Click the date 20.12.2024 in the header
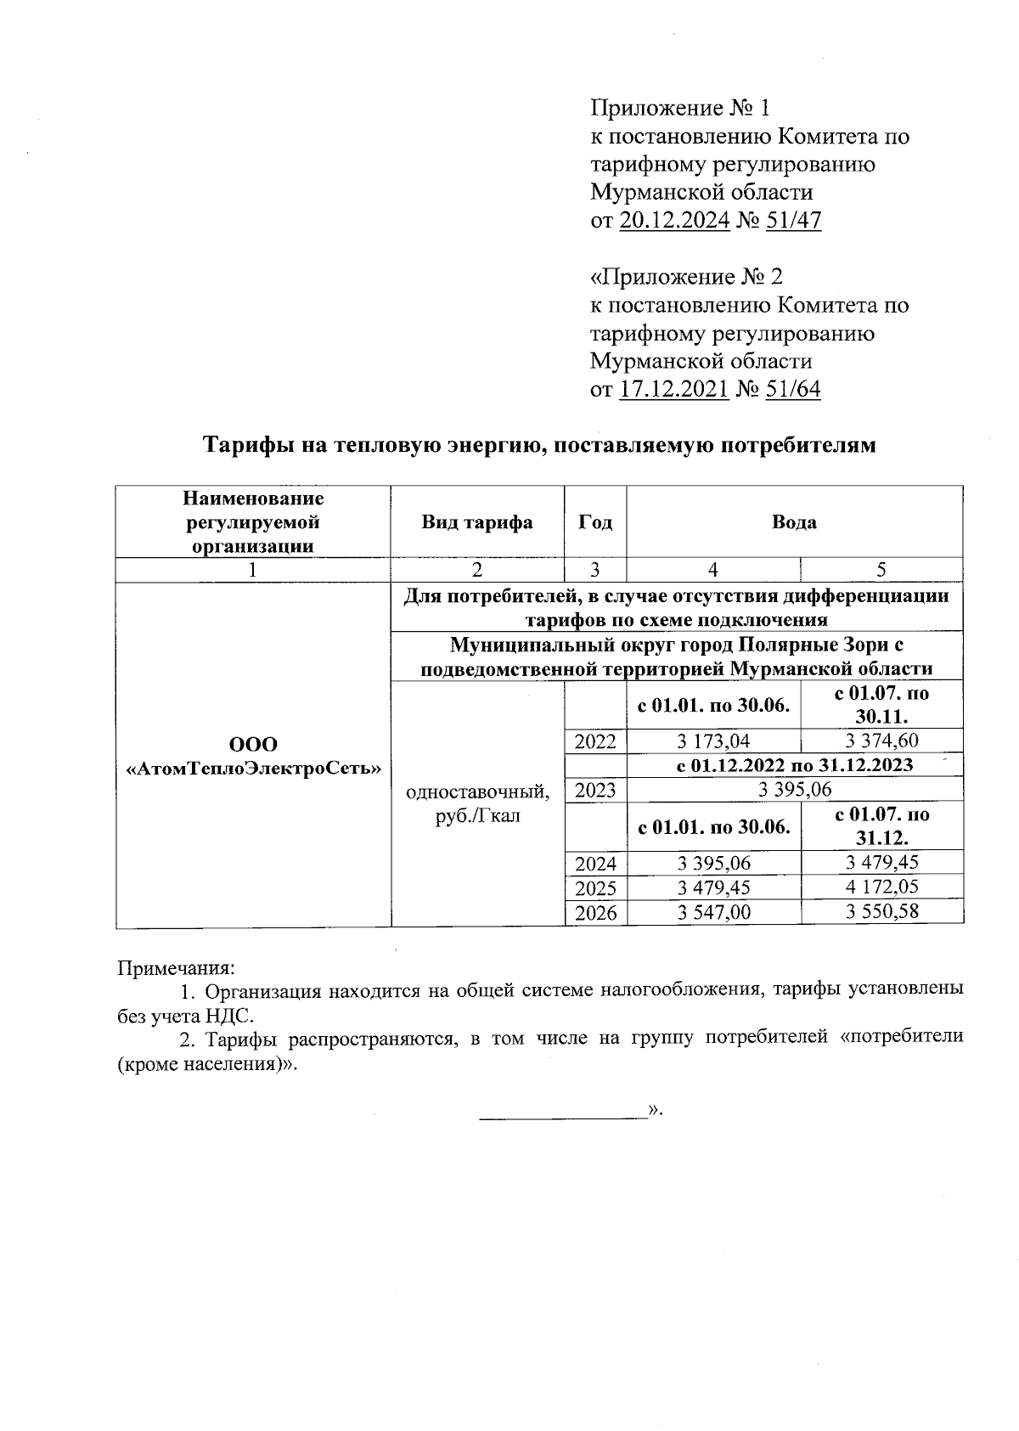675,221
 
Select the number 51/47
793,221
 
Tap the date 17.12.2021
675,390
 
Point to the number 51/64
793,390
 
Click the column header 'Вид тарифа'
477,521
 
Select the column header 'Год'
595,521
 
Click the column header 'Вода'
794,521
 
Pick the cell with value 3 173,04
713,741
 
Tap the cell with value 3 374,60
882,741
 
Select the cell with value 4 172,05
882,887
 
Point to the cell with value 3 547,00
713,913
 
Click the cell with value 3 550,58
882,913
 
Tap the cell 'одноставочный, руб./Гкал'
477,803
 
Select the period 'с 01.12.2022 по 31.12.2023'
794,765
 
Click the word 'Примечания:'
175,967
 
